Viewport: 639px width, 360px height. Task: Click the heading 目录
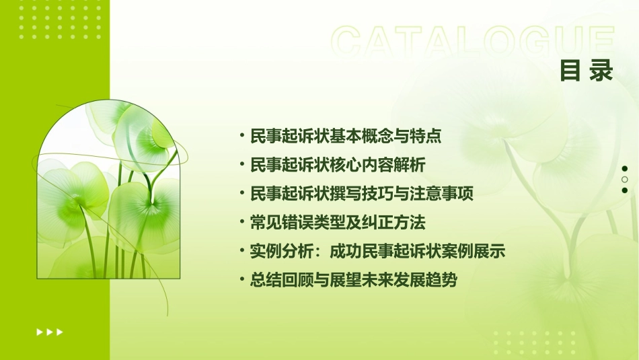tap(587, 71)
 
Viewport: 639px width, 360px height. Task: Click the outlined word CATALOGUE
tap(473, 41)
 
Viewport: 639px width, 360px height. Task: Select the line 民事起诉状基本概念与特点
tap(346, 136)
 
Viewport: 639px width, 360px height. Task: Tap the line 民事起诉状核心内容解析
tap(338, 165)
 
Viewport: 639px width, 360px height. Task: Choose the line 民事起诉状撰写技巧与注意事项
tap(362, 194)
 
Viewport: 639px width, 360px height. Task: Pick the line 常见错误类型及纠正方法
tap(338, 222)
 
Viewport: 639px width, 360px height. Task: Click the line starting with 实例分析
tap(377, 252)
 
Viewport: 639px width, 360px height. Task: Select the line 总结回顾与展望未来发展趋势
tap(353, 281)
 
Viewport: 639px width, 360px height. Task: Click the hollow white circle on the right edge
tap(625, 179)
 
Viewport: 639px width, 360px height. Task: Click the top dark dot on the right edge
tap(625, 168)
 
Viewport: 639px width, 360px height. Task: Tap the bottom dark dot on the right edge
tap(625, 190)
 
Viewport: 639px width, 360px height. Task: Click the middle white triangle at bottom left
tap(50, 332)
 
